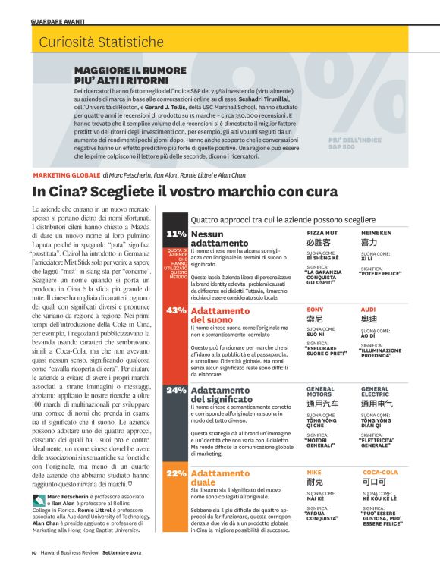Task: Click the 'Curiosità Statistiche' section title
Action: pos(93,41)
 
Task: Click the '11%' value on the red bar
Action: pos(176,234)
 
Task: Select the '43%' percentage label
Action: pos(176,310)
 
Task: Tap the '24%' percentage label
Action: pos(176,389)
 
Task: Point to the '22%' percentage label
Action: pos(176,473)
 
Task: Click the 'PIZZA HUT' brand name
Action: pos(322,233)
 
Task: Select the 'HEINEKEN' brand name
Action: pos(376,233)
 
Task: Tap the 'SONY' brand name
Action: pos(315,310)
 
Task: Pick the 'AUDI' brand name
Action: pos(368,310)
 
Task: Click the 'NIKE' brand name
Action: pos(314,472)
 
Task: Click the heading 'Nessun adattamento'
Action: pos(218,239)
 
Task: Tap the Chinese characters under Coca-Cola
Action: pos(372,482)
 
